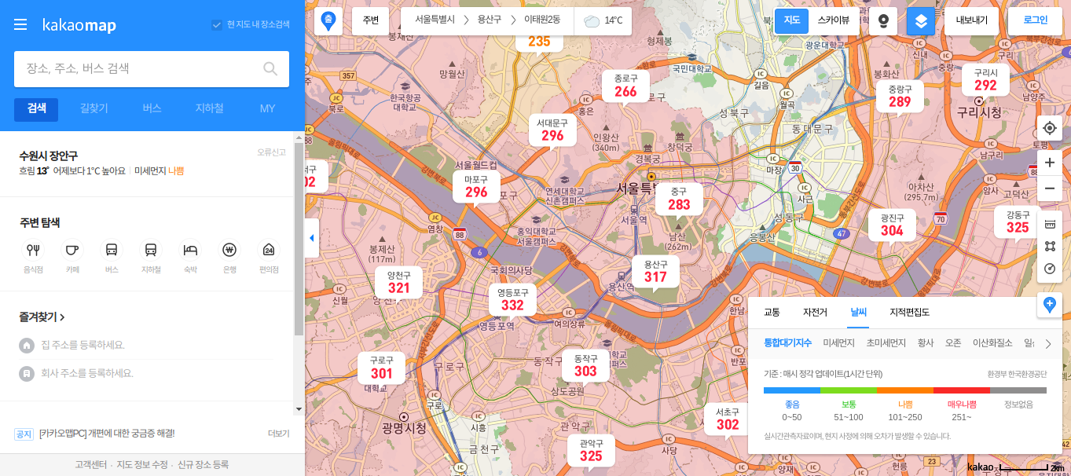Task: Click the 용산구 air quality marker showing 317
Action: [655, 271]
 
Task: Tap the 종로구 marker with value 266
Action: [625, 86]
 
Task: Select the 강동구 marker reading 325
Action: [1018, 222]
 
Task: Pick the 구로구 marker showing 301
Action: [381, 367]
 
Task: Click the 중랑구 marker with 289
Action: [900, 96]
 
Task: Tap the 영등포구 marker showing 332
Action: [512, 299]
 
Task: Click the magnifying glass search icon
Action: [270, 69]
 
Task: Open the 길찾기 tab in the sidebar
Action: [94, 109]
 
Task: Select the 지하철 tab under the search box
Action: [209, 109]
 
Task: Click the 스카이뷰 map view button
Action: [833, 21]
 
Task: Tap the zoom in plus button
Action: [1049, 163]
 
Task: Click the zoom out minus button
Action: [1049, 189]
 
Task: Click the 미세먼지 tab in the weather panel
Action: [838, 343]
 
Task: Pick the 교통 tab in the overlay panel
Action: [772, 313]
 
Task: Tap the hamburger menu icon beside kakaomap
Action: [20, 25]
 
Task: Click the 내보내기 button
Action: [971, 21]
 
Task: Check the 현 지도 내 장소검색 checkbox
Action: [217, 24]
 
